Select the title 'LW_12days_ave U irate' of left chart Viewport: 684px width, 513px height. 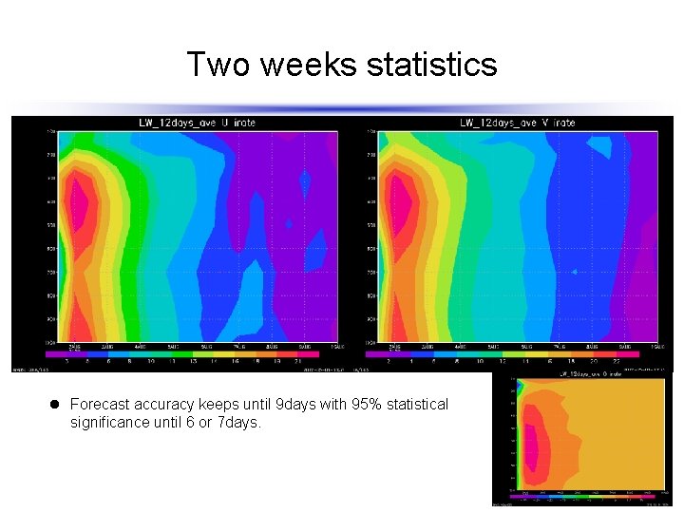197,123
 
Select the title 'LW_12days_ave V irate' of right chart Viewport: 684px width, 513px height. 518,123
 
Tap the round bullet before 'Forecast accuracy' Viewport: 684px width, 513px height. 57,405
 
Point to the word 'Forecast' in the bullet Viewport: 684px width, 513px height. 99,405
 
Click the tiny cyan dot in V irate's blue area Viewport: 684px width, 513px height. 574,272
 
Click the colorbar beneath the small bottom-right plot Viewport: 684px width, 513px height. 585,496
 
